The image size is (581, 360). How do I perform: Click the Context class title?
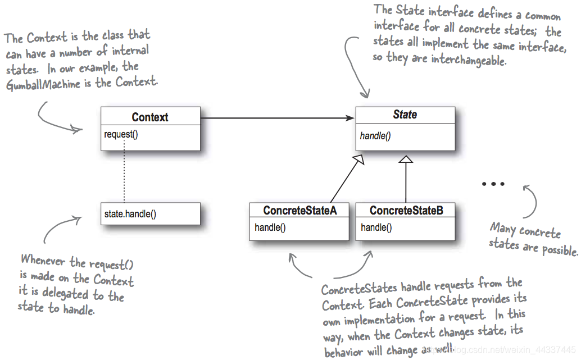coord(150,117)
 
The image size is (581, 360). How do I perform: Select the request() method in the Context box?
coord(121,135)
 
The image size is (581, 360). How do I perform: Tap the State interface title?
coord(405,115)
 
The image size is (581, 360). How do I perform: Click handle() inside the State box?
coord(375,136)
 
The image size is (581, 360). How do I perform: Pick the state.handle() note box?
coord(150,214)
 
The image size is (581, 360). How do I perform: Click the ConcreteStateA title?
coord(299,211)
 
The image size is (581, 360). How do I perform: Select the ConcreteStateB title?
coord(406,211)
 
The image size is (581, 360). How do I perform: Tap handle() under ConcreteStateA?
coord(270,227)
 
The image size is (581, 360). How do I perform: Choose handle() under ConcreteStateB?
coord(376,227)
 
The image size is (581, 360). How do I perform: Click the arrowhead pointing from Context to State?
coord(350,118)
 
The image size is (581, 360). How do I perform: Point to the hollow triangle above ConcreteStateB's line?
coord(406,159)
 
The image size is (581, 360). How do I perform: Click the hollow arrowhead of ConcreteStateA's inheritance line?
coord(359,160)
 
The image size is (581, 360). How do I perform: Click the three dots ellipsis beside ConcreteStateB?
coord(493,184)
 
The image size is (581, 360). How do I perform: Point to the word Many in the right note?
coord(503,229)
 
